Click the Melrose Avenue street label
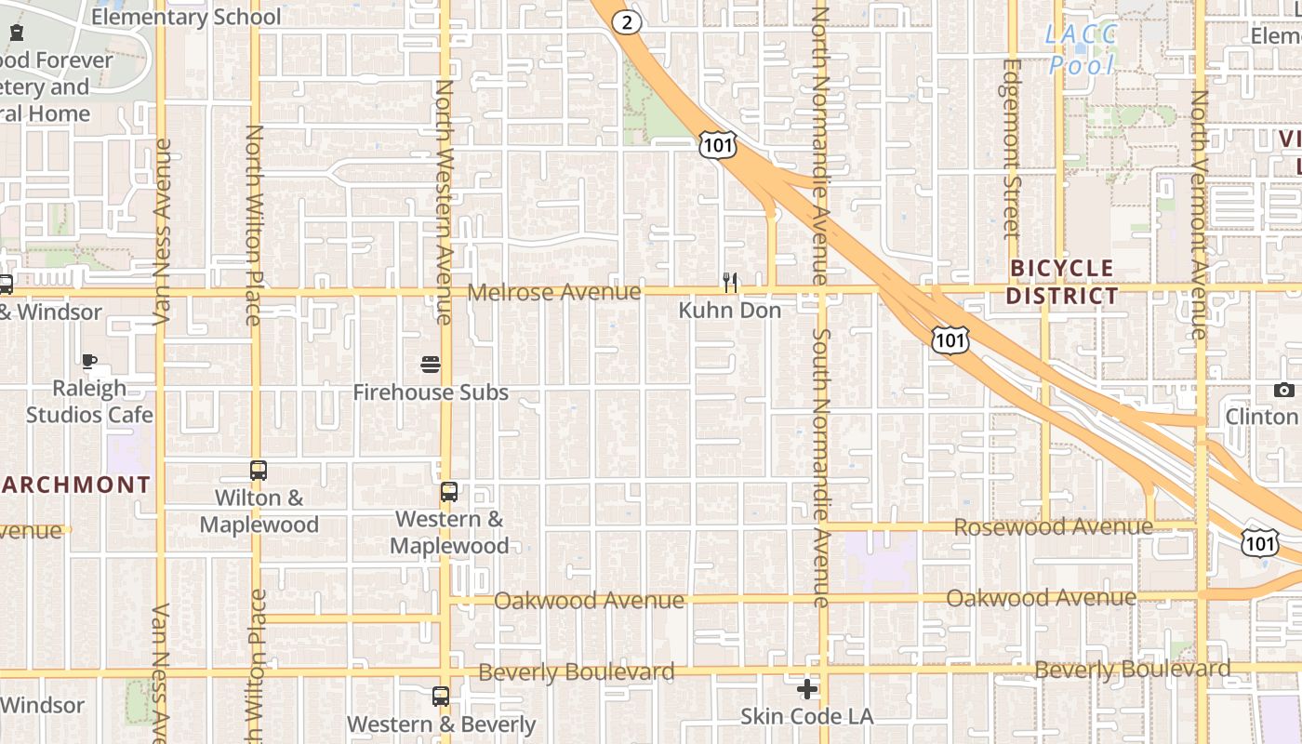click(x=554, y=292)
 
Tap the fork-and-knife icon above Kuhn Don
click(x=730, y=282)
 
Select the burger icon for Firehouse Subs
click(x=430, y=365)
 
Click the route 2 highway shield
click(x=628, y=21)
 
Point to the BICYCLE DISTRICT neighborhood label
click(x=1062, y=283)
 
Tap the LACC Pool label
click(x=1081, y=50)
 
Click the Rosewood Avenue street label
click(x=1053, y=527)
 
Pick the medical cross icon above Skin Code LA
click(x=807, y=689)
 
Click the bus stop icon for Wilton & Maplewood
click(x=259, y=471)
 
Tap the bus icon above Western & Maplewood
click(x=449, y=492)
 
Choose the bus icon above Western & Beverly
click(x=441, y=696)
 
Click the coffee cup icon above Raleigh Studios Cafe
click(x=89, y=361)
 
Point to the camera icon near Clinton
click(x=1284, y=391)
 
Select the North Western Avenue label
click(x=444, y=202)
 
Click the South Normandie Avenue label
click(x=820, y=467)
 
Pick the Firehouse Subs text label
click(x=431, y=392)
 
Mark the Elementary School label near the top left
click(x=186, y=17)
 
